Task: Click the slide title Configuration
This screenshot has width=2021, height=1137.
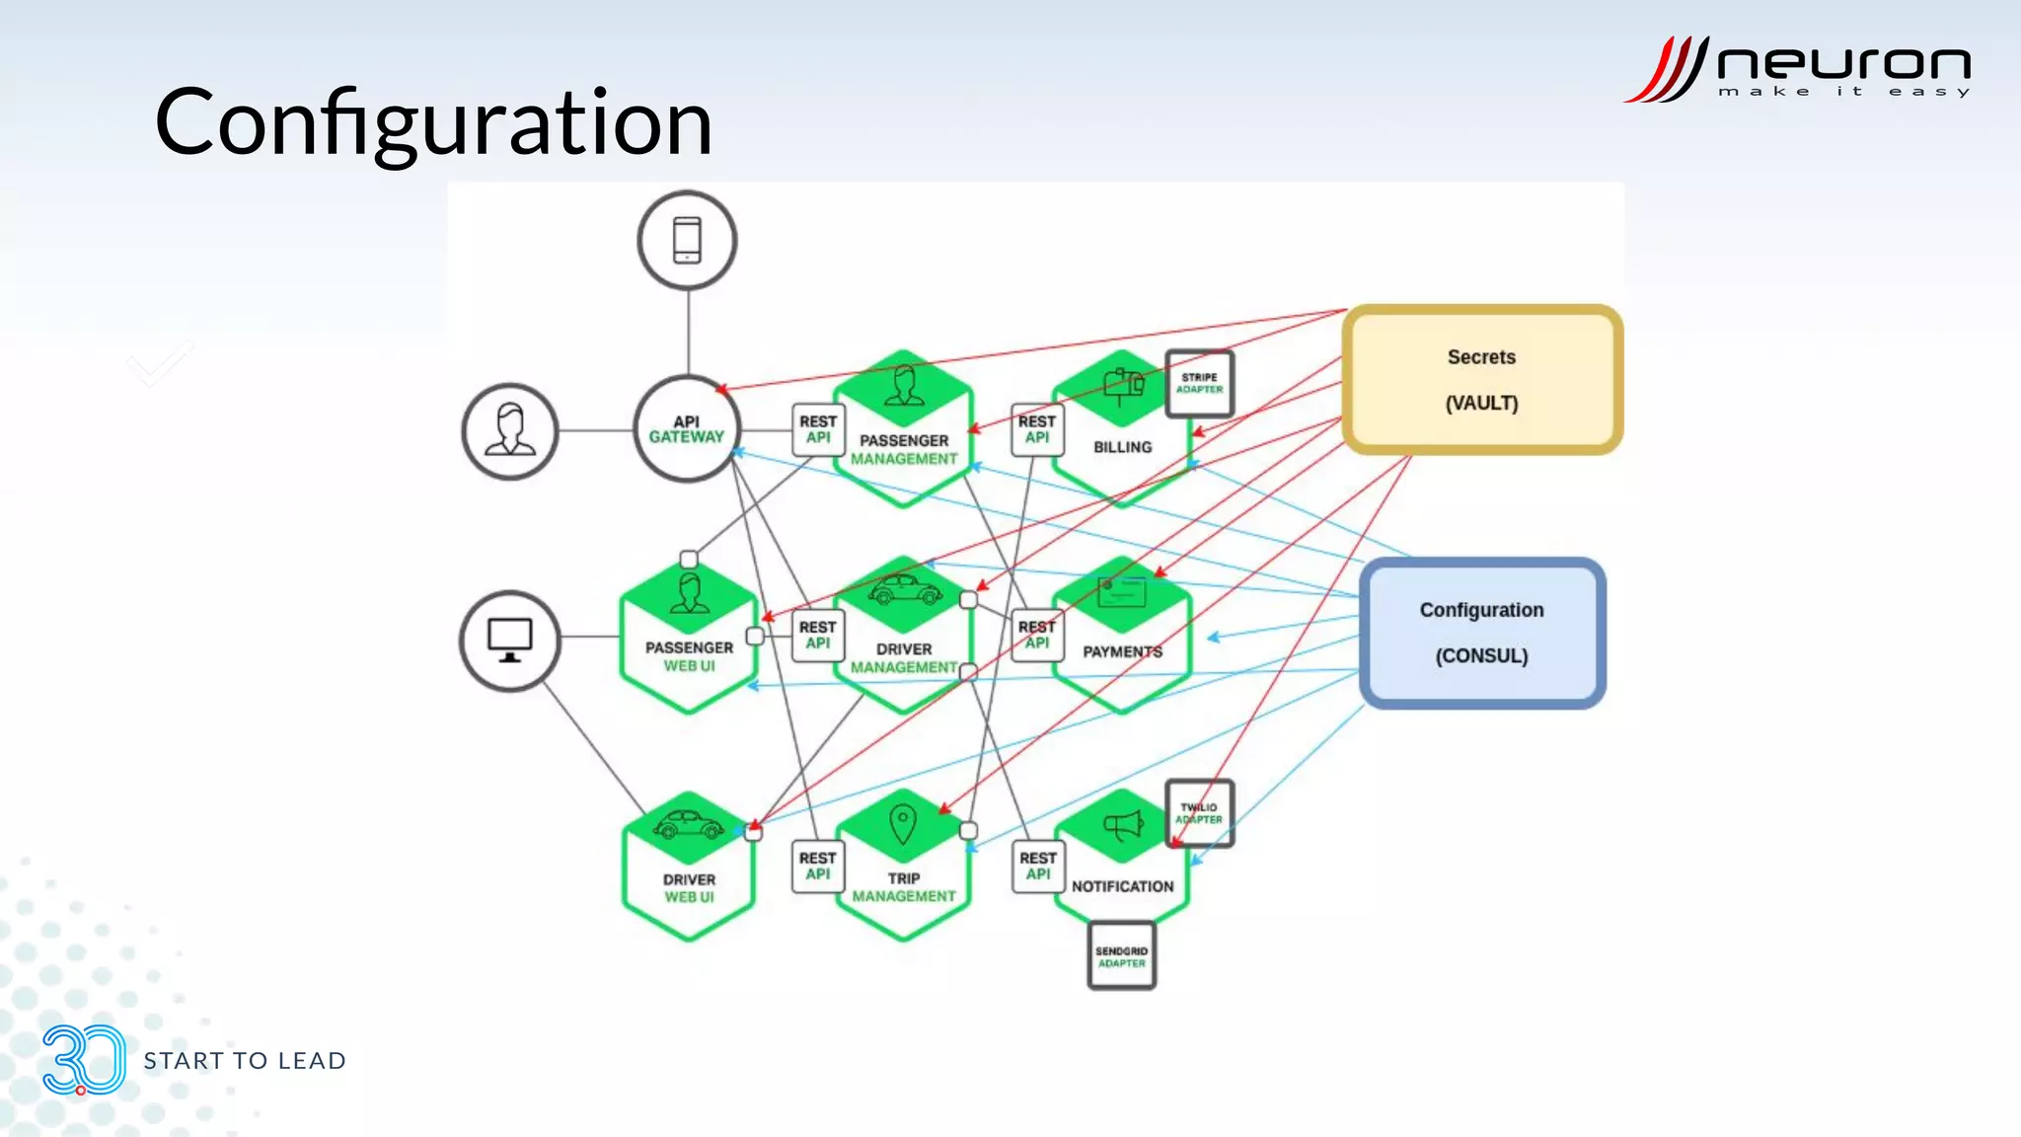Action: [x=433, y=122]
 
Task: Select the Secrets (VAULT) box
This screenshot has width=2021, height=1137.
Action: [x=1481, y=379]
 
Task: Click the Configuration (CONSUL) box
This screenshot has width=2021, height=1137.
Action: [x=1481, y=633]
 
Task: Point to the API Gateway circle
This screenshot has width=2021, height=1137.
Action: [x=687, y=429]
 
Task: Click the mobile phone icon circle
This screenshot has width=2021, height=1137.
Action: [x=687, y=240]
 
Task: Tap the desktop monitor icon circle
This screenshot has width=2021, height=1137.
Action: [x=509, y=641]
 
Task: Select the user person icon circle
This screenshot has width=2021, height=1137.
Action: [x=509, y=431]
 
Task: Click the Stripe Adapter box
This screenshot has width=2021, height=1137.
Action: [x=1199, y=383]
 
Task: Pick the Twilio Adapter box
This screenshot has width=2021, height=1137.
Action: [x=1199, y=813]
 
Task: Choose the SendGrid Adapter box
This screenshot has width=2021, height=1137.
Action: [x=1122, y=956]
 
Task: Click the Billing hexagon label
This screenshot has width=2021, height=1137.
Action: [x=1122, y=447]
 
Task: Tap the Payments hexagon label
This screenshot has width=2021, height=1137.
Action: [x=1122, y=652]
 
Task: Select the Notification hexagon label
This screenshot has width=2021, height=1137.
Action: [x=1122, y=886]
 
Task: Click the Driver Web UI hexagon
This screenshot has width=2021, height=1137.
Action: [x=689, y=869]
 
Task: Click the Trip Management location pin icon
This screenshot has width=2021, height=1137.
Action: [x=903, y=823]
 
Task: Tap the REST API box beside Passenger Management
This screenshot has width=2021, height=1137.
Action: [x=818, y=429]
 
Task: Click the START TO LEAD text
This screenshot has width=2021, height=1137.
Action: [x=245, y=1061]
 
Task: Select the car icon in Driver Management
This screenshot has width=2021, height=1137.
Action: [x=904, y=590]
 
